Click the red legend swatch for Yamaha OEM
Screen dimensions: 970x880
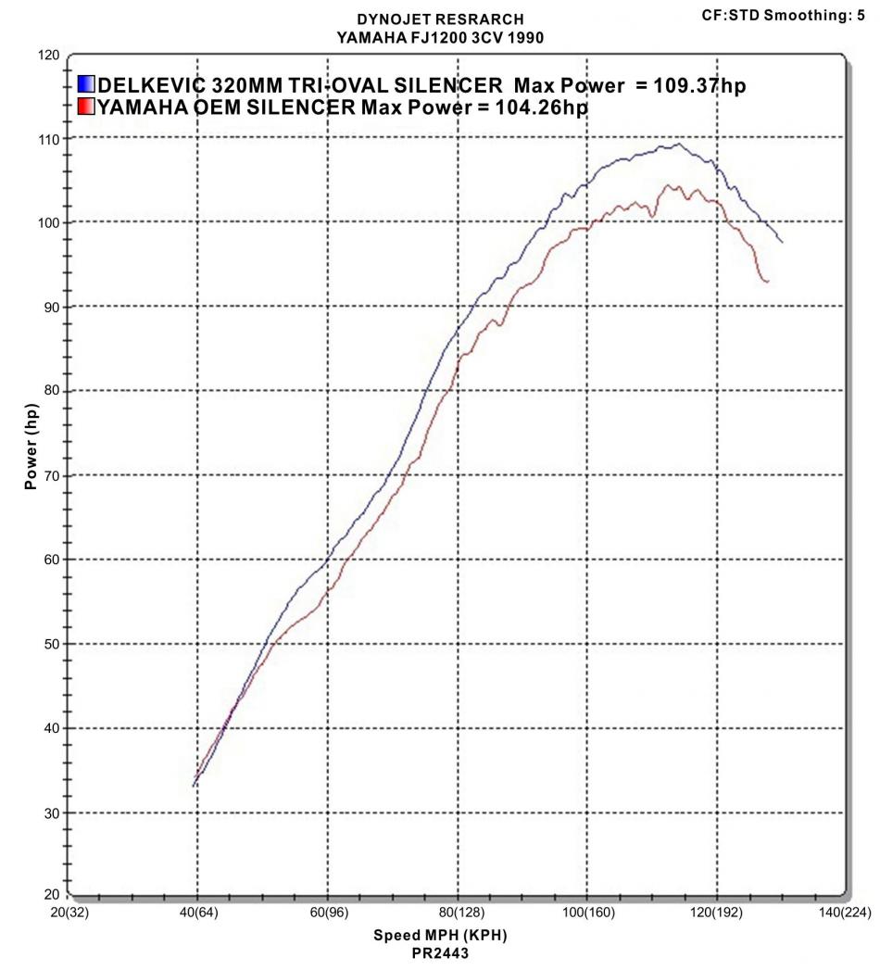(86, 107)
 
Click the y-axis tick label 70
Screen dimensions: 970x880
(49, 476)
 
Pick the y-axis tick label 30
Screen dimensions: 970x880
(49, 813)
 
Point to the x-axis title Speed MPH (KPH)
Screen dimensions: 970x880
(440, 934)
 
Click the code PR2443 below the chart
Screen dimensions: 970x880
(440, 951)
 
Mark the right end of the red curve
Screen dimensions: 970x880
(768, 281)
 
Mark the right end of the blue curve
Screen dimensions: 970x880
(783, 242)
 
